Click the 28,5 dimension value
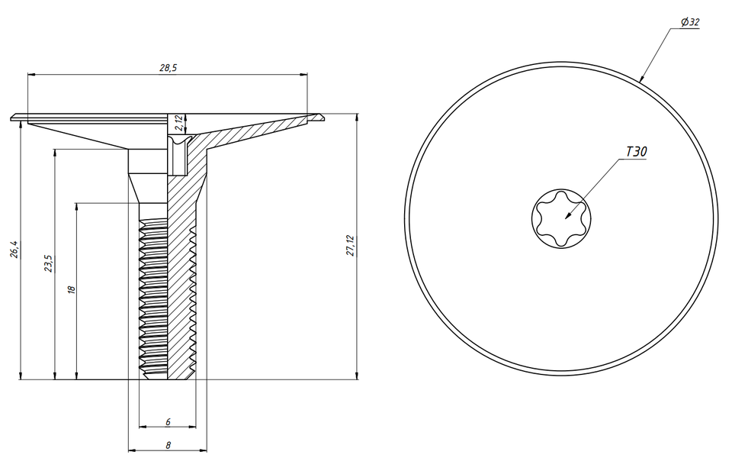point(168,68)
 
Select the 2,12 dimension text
point(177,122)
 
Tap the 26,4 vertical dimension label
point(14,249)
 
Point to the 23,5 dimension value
point(49,263)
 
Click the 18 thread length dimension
point(72,290)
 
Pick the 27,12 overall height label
point(351,246)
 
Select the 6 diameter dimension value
point(167,421)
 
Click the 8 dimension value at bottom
point(167,444)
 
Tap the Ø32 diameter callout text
point(690,23)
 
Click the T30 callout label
point(636,153)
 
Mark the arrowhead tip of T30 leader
point(567,218)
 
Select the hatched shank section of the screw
point(181,290)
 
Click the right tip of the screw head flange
point(323,117)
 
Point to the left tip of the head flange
point(13,118)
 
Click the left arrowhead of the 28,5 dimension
point(30,75)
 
